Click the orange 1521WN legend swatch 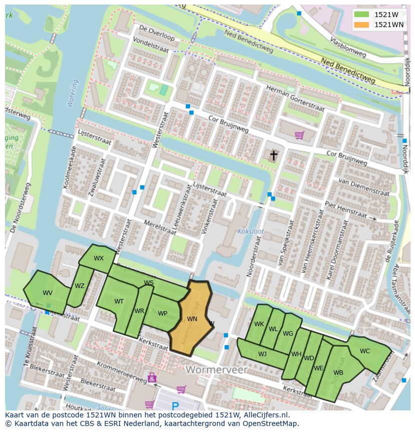pyautogui.click(x=361, y=25)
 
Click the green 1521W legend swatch pyautogui.click(x=361, y=15)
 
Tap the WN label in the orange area pyautogui.click(x=192, y=319)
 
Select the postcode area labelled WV pyautogui.click(x=47, y=293)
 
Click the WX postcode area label pyautogui.click(x=99, y=258)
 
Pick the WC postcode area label pyautogui.click(x=365, y=351)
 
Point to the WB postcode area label pyautogui.click(x=338, y=373)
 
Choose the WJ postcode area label pyautogui.click(x=262, y=354)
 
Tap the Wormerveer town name pyautogui.click(x=217, y=370)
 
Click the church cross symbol pyautogui.click(x=274, y=156)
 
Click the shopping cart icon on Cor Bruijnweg pyautogui.click(x=299, y=135)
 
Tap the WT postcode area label pyautogui.click(x=119, y=302)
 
